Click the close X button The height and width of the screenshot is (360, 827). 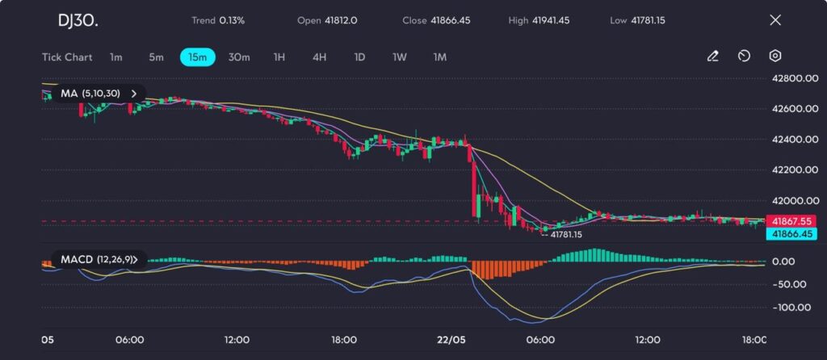775,20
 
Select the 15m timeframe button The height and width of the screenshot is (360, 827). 197,57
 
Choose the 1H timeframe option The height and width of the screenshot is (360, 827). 279,57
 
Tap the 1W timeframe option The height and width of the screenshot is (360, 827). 399,57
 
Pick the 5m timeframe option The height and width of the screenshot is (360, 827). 156,57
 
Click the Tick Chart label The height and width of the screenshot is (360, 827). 67,57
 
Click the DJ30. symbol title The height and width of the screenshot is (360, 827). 78,20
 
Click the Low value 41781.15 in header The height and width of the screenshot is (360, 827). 661,20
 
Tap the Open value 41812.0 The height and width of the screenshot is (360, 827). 340,20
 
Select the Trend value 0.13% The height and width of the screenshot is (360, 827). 231,20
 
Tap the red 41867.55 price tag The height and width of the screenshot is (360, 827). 791,220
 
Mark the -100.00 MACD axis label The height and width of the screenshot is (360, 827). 791,308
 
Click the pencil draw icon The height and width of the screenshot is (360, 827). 712,57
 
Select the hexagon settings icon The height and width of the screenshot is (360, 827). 775,57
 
